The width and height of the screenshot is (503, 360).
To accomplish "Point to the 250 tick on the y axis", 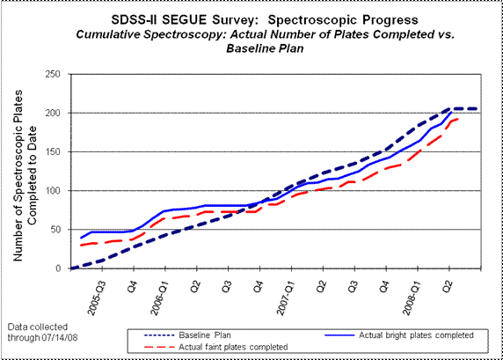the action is tap(53, 74).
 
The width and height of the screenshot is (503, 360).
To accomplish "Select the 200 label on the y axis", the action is tap(53, 113).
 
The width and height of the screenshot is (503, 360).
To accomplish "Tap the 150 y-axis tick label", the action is tap(53, 152).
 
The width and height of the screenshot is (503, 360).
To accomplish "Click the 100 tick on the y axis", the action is tap(53, 191).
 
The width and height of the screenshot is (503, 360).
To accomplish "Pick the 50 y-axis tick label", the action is tap(55, 230).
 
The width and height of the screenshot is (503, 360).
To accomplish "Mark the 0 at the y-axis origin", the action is tap(58, 268).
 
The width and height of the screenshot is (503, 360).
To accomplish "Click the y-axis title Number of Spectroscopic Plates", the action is tap(18, 175).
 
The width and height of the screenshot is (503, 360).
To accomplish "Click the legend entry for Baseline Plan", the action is tap(187, 335).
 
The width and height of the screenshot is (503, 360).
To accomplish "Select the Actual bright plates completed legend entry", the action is tap(399, 335).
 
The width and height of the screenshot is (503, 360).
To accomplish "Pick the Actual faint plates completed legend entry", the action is tap(216, 347).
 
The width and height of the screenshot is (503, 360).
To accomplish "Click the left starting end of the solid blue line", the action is tap(81, 239).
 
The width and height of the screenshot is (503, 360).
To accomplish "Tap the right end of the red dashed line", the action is tap(458, 119).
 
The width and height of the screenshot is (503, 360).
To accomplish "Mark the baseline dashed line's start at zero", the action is tap(71, 268).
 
